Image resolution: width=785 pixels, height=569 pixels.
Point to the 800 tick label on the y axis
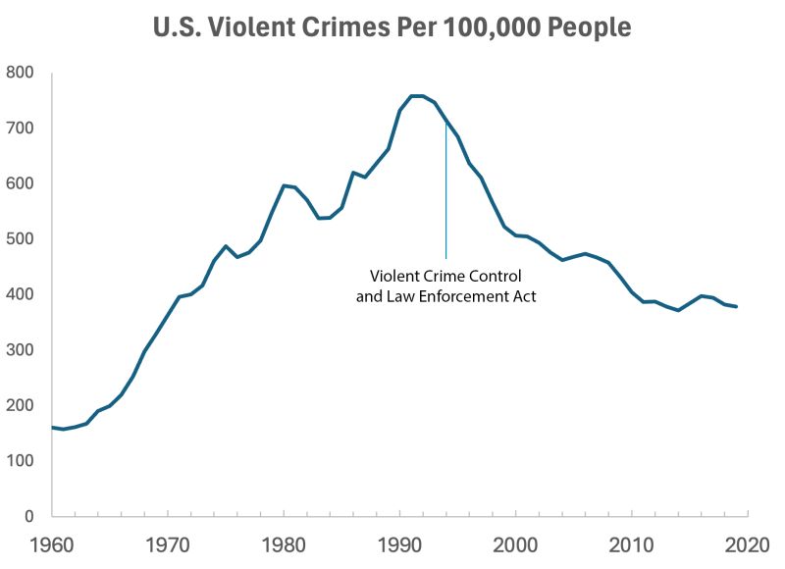[20, 73]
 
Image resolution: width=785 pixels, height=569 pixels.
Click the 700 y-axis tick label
[20, 129]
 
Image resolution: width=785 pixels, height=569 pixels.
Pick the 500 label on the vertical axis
[20, 239]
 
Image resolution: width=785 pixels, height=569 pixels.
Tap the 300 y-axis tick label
[20, 350]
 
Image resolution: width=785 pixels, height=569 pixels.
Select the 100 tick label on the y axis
[20, 461]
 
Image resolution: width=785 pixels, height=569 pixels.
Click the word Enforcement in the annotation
[463, 296]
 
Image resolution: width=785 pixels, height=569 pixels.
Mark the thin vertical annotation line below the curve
[446, 196]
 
